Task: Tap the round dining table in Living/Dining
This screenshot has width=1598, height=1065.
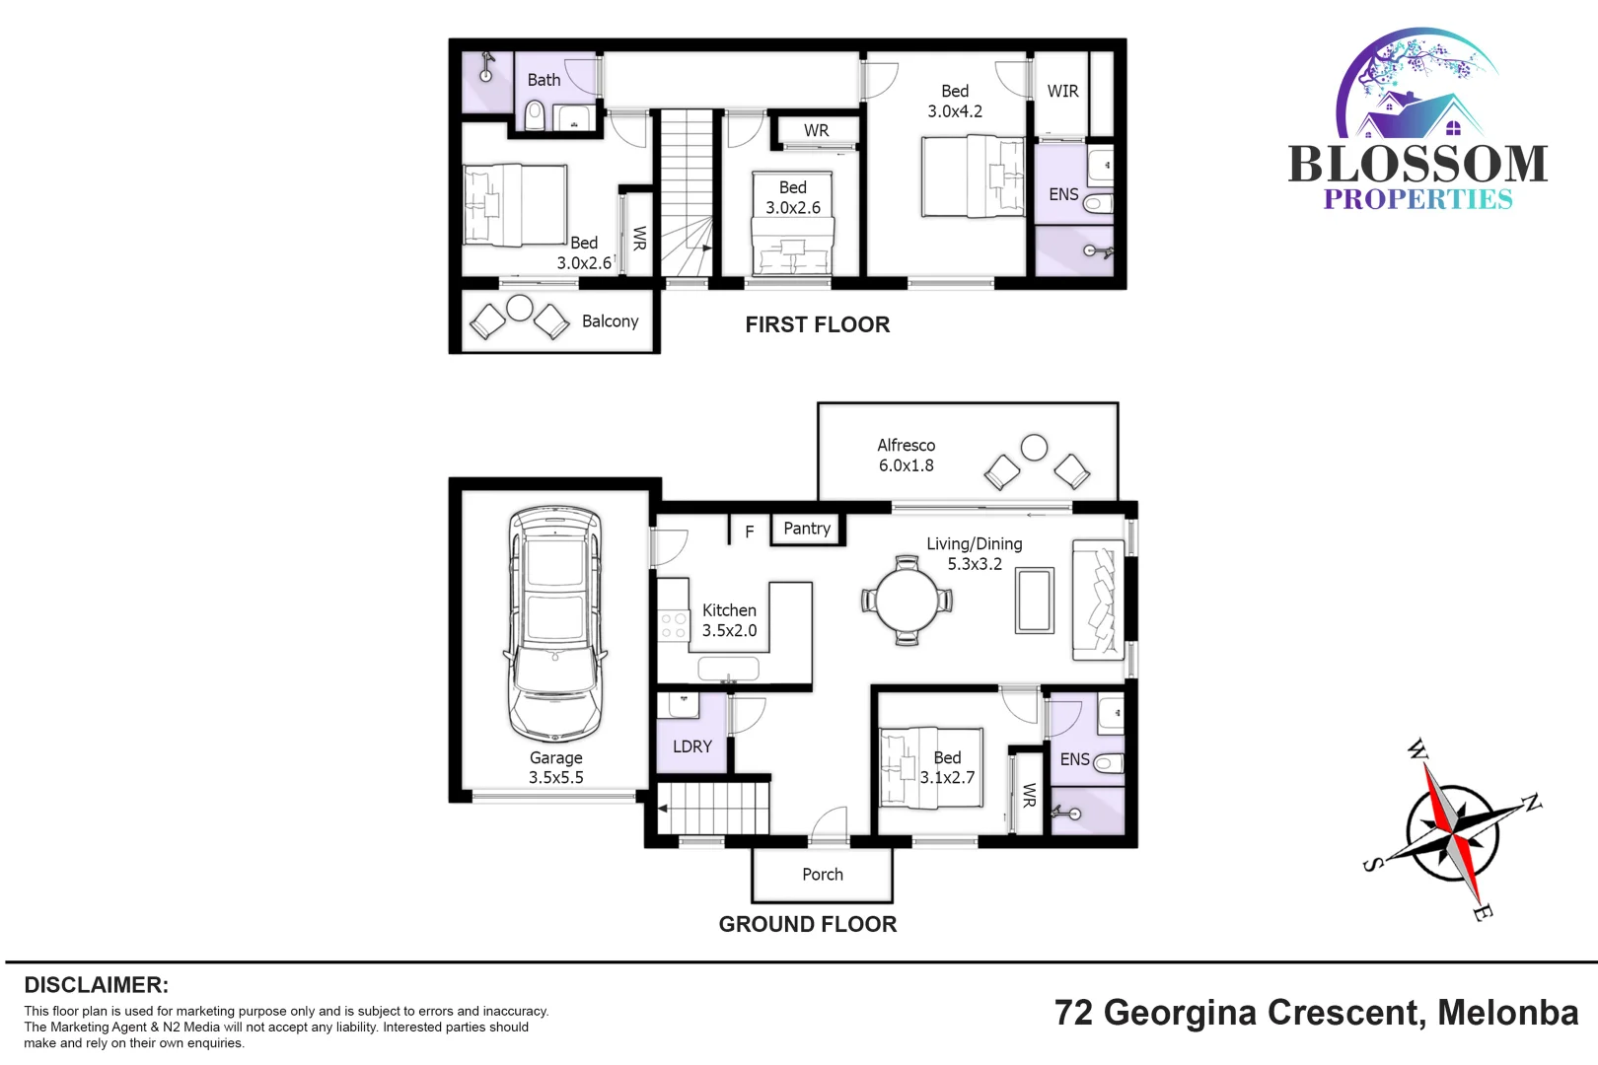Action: click(x=908, y=601)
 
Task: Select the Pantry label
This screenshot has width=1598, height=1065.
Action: click(x=807, y=529)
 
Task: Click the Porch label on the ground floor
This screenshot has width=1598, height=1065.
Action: click(x=822, y=875)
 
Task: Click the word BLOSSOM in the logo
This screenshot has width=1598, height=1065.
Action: click(x=1417, y=165)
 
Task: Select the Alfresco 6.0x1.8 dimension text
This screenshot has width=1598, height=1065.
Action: click(x=906, y=465)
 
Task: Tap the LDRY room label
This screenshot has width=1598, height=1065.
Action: click(x=691, y=746)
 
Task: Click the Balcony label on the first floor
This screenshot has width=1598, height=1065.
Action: click(x=610, y=321)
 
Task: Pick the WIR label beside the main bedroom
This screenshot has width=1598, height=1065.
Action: click(x=1062, y=91)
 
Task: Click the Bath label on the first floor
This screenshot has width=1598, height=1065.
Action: click(x=544, y=80)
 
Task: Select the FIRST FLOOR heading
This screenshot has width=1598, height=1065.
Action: click(x=817, y=324)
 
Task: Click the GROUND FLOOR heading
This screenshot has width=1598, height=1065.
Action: click(x=807, y=924)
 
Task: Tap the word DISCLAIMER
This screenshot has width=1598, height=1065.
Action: click(x=96, y=985)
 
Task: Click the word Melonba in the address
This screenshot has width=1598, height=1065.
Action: click(x=1507, y=1013)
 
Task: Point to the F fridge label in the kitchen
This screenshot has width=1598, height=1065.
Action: click(x=750, y=532)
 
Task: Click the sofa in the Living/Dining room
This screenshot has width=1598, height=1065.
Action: click(x=1098, y=601)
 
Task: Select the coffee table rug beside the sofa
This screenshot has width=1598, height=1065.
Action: click(x=1034, y=600)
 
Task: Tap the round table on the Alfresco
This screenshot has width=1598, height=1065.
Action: click(x=1034, y=448)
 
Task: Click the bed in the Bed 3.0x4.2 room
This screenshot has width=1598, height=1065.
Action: click(x=972, y=176)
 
